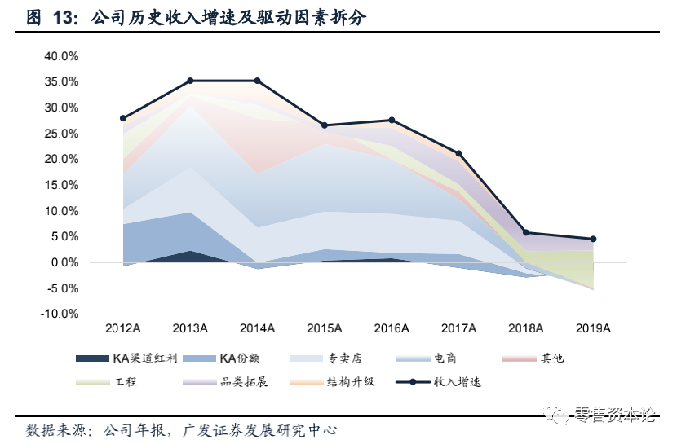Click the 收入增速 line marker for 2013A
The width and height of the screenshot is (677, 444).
[x=190, y=81]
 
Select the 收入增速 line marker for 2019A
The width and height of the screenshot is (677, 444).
[x=593, y=240]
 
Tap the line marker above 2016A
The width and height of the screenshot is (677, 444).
[x=392, y=121]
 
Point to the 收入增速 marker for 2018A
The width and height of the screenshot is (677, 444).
[x=526, y=233]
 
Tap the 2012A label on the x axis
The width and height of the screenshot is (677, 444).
[x=123, y=328]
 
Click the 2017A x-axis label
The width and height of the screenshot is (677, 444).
[x=458, y=328]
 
